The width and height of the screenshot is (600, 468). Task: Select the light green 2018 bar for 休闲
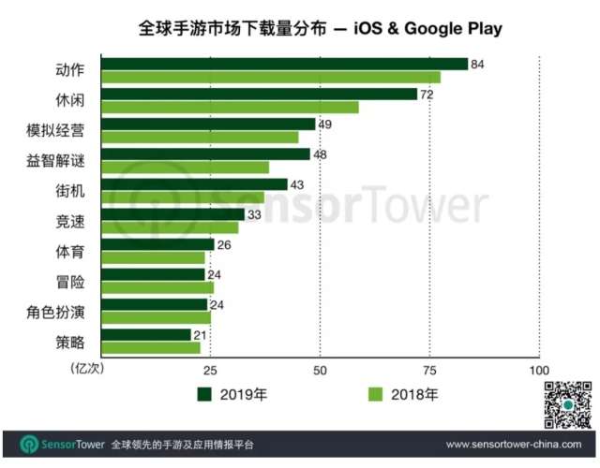(x=230, y=107)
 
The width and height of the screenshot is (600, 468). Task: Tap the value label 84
(x=477, y=64)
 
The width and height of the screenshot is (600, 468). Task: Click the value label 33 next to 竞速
(x=254, y=214)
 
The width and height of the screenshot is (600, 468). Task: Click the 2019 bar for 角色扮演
(x=154, y=305)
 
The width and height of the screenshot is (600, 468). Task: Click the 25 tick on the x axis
(x=211, y=368)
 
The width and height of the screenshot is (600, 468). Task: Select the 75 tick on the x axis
(x=429, y=368)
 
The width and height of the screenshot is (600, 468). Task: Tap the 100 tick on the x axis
(x=539, y=368)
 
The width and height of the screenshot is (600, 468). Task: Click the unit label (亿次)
(x=87, y=368)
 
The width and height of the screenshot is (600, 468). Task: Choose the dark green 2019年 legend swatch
(x=205, y=394)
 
